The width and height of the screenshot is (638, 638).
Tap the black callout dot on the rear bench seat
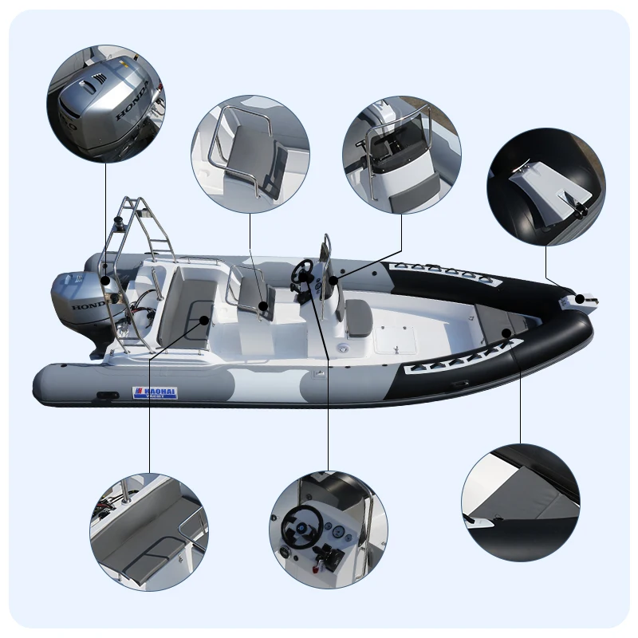click(x=204, y=319)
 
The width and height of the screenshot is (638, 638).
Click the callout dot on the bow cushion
click(x=506, y=330)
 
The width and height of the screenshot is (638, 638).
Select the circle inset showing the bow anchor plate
click(x=546, y=187)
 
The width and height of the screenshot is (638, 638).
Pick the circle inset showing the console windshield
click(x=401, y=155)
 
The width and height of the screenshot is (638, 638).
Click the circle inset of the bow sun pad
click(x=521, y=502)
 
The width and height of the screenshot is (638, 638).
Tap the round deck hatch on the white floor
click(x=344, y=349)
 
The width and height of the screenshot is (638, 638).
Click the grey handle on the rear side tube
click(x=106, y=396)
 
